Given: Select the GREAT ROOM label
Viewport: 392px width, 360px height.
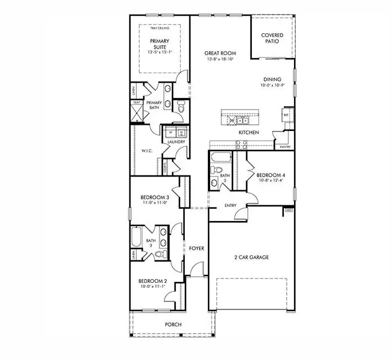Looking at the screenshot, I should pos(220,53).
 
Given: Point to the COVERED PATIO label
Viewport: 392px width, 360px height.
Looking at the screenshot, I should pos(272,39).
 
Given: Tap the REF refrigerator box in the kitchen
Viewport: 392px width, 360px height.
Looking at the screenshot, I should pos(286,114).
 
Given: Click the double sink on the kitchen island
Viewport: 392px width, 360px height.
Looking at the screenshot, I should pos(242,120).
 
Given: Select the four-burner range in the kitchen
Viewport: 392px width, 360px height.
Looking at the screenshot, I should pos(240,144).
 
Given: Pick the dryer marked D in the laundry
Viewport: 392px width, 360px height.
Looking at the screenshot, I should pos(181,132).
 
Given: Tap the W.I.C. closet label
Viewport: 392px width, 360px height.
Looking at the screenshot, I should pos(145,150).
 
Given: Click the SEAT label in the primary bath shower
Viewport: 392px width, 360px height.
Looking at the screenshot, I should pos(137,103).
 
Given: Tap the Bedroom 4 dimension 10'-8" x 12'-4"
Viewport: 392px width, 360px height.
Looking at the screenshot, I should pos(271,180).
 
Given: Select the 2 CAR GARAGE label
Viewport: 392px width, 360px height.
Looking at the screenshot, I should pos(252,257).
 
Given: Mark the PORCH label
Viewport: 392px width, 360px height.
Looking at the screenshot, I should pos(172,325).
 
